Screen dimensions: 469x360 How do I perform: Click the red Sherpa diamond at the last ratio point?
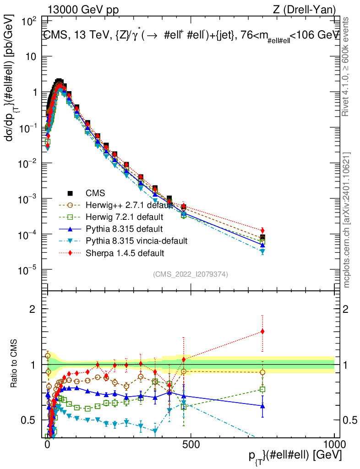click(x=262, y=331)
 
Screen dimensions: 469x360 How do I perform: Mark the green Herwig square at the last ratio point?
click(x=262, y=389)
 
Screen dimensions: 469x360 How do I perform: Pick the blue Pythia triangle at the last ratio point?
click(x=262, y=406)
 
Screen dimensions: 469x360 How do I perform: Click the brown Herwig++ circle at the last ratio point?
click(x=262, y=372)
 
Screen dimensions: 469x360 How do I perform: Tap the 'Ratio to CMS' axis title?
click(x=15, y=364)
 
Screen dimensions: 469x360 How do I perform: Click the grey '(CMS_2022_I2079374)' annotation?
click(x=191, y=274)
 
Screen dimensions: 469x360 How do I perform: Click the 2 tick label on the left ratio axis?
click(x=33, y=309)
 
